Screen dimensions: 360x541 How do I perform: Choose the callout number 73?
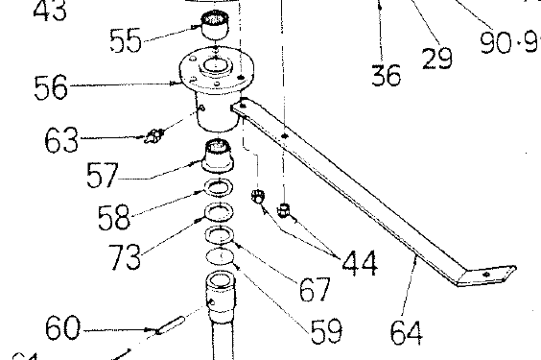point(126,255)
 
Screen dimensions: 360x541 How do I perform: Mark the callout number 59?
point(326,330)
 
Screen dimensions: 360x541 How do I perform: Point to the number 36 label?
point(386,74)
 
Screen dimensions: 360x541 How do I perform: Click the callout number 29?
point(436,58)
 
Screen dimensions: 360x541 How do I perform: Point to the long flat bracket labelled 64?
point(365,192)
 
